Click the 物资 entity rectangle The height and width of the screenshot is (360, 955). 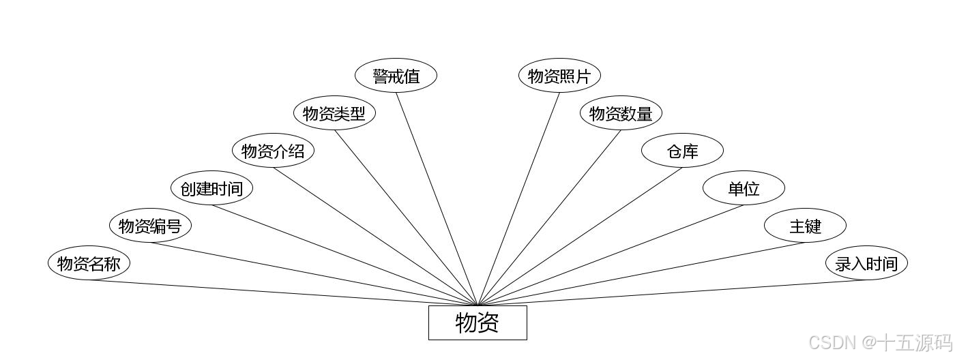tap(477, 322)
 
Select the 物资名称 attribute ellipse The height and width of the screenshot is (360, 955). tap(89, 263)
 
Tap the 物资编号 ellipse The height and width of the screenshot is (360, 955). tap(150, 226)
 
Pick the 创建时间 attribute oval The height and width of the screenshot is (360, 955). tap(211, 188)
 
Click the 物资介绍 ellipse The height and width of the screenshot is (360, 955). tap(273, 151)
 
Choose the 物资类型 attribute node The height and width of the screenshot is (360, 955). tap(334, 113)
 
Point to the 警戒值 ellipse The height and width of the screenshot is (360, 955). tap(396, 76)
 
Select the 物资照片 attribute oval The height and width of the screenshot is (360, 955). tap(559, 76)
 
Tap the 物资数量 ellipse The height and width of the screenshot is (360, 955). tap(621, 113)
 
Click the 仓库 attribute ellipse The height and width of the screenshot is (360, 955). tap(682, 151)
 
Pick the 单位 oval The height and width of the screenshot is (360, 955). tap(744, 188)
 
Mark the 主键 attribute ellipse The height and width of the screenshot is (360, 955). tap(805, 226)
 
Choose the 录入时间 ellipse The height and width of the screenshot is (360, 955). tap(866, 263)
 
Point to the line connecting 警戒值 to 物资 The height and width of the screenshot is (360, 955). tap(437, 198)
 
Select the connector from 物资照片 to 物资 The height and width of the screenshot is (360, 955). tap(518, 198)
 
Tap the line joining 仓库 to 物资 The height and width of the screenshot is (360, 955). tap(580, 237)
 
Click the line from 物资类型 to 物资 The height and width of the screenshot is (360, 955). tap(406, 217)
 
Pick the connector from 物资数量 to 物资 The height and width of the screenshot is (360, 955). tap(549, 217)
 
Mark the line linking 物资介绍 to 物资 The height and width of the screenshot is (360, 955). tap(375, 237)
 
